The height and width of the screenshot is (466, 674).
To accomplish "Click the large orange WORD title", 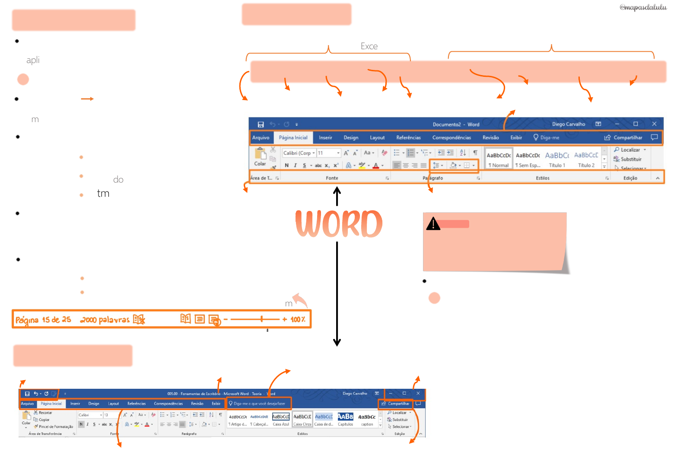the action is [339, 224].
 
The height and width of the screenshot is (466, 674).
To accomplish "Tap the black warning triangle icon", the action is [433, 224].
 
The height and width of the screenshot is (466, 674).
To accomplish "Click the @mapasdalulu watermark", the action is [643, 7].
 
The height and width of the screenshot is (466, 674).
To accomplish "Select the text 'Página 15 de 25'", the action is [43, 320].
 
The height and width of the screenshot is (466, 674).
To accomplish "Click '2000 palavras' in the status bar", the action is [105, 320].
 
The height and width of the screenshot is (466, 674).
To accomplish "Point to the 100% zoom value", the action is [298, 320].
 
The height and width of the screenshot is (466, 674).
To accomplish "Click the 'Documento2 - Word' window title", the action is [456, 124].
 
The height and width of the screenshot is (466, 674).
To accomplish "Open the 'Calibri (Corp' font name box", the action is [298, 153].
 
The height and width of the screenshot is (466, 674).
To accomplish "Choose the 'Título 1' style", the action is [557, 159].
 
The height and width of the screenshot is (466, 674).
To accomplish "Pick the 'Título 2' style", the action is [586, 159].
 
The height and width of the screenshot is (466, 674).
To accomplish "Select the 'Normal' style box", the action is [499, 159].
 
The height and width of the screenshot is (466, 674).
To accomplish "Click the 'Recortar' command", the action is [45, 413].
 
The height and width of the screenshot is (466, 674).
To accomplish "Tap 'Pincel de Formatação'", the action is [56, 427].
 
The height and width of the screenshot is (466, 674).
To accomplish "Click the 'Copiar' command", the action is [44, 420].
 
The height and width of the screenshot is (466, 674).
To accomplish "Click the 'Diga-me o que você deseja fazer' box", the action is [259, 404].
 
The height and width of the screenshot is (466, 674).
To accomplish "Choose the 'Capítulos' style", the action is [345, 419].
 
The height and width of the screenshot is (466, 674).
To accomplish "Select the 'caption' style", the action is [367, 419].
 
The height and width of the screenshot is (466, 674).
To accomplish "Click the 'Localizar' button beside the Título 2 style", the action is [630, 150].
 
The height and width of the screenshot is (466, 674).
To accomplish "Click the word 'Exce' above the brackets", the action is [369, 46].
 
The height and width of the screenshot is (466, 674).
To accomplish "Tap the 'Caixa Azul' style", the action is [281, 419].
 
